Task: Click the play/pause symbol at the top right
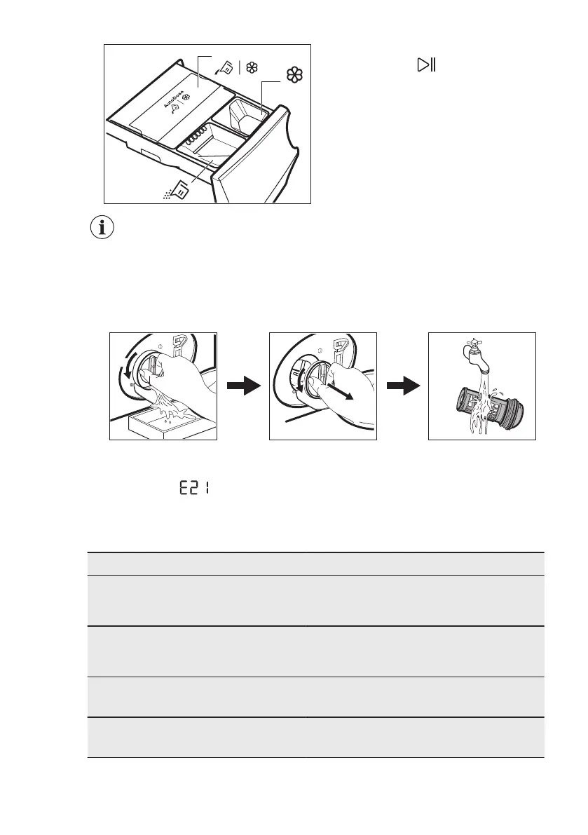point(426,65)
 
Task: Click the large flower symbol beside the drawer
point(294,75)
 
